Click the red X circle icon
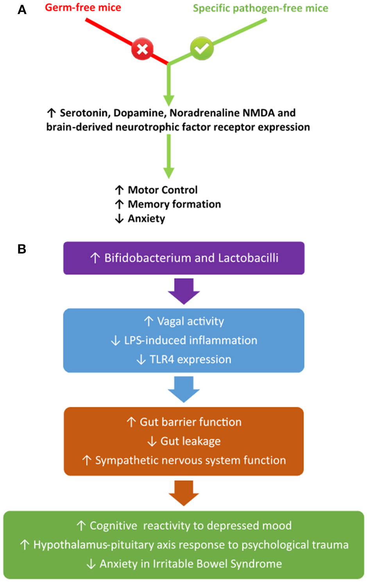click(142, 49)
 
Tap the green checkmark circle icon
click(202, 48)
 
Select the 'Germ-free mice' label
click(83, 7)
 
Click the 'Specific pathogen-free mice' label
click(260, 8)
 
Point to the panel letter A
click(22, 10)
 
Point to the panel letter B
click(22, 249)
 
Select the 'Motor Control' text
click(163, 190)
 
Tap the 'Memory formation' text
click(174, 204)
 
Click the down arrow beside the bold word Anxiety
click(119, 218)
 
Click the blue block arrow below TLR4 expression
click(184, 389)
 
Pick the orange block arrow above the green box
click(184, 493)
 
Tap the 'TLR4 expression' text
click(190, 359)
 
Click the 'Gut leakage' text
click(190, 441)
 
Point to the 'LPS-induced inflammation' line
click(190, 340)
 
